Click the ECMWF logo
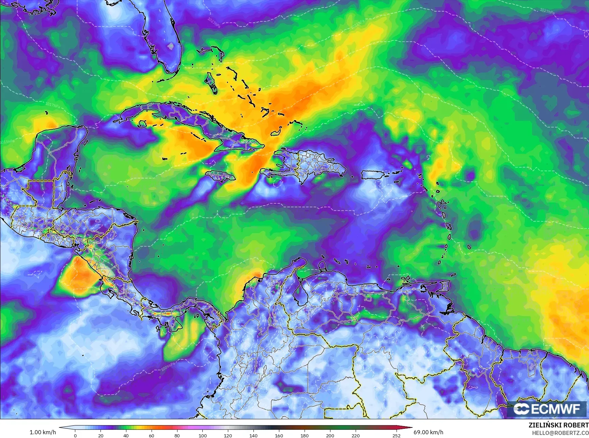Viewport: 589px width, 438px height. [547, 409]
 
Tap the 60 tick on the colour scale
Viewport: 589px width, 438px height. [152, 435]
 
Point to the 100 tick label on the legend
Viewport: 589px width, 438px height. [202, 435]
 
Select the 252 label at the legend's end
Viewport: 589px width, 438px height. [396, 435]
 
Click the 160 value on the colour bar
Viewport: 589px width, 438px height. [279, 435]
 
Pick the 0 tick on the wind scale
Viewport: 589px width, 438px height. [75, 435]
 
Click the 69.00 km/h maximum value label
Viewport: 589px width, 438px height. [428, 432]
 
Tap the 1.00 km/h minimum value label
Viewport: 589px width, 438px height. [43, 432]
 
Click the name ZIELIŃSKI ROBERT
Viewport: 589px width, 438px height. [558, 425]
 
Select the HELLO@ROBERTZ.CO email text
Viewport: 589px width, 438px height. [560, 433]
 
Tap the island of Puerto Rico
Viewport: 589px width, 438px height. [373, 175]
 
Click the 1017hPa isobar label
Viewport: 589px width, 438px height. [53, 105]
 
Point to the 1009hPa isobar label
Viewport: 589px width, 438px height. [168, 367]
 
